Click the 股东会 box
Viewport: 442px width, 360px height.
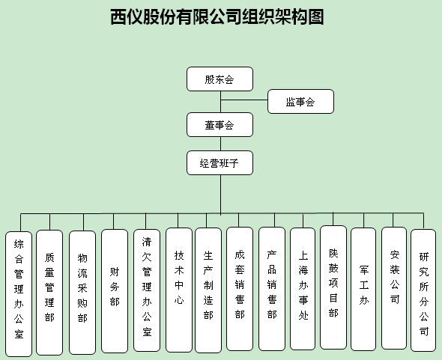[220, 79]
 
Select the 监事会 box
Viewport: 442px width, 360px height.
[300, 101]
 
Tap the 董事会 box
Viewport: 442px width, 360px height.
[220, 125]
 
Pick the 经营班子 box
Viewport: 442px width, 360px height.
[220, 163]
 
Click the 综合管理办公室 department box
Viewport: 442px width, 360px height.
[19, 294]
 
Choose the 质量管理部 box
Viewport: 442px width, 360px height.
[49, 293]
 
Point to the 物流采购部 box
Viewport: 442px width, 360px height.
[82, 293]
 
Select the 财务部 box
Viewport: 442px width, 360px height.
[115, 291]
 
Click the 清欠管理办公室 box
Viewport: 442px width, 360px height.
[147, 290]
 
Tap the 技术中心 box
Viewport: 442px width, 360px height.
[179, 290]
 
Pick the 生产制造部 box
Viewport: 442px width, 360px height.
[208, 290]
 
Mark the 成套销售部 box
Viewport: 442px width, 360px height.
[240, 289]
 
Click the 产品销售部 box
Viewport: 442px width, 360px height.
[272, 289]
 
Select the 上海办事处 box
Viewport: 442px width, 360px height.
[303, 289]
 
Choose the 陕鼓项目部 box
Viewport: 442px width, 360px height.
[333, 287]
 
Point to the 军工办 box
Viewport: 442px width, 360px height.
[363, 289]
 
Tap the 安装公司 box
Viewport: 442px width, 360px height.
[394, 288]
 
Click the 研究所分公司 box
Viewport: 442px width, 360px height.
[423, 290]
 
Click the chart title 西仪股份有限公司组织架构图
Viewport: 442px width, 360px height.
[217, 17]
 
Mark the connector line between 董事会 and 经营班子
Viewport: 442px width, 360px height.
[220, 144]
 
